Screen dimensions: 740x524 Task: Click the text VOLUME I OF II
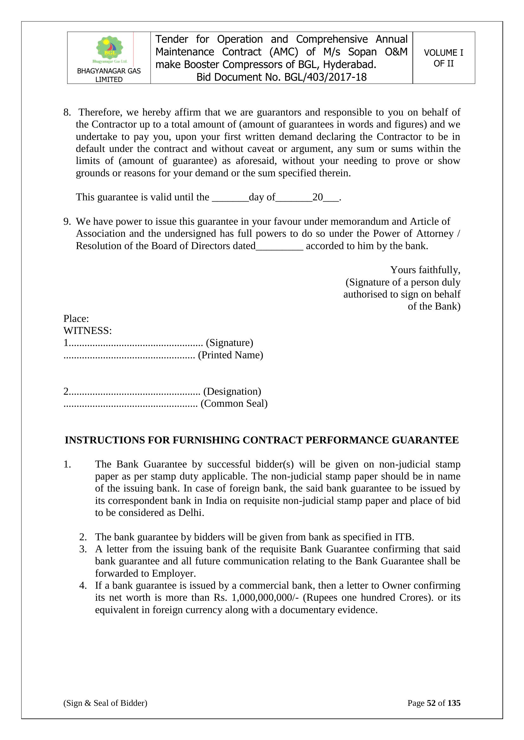tap(443, 58)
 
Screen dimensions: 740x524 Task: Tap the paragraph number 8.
tap(67, 112)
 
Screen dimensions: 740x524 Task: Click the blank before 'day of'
tap(230, 197)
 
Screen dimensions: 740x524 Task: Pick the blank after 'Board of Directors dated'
tap(279, 246)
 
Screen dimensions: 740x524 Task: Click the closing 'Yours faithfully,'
tap(425, 269)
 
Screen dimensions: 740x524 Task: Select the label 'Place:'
tap(76, 318)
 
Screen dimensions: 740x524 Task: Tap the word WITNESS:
tap(87, 331)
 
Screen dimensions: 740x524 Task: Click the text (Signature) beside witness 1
tap(229, 342)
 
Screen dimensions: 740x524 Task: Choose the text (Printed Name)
tap(230, 355)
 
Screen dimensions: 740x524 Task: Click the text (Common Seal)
tap(234, 404)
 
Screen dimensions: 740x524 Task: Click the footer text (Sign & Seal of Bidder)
tap(105, 703)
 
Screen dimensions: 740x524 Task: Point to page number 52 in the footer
tap(431, 703)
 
